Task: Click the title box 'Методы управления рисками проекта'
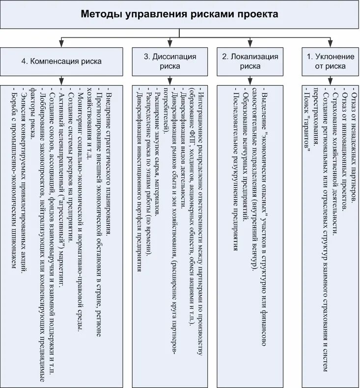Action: click(x=179, y=14)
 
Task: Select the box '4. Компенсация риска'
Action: click(x=61, y=61)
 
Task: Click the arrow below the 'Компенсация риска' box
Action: click(x=61, y=80)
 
